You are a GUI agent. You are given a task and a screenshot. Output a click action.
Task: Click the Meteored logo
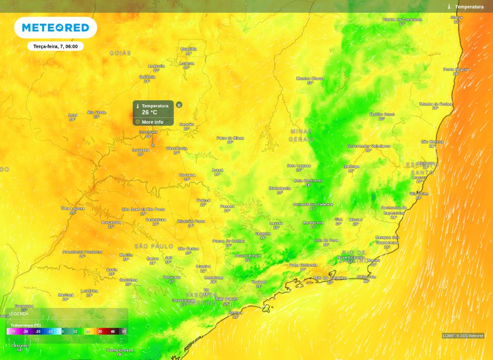click(55, 28)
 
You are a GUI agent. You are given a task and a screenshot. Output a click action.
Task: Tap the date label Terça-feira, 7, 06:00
click(55, 46)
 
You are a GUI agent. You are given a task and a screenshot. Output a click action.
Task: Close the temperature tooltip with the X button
click(179, 105)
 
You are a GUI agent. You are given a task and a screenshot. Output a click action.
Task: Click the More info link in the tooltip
click(152, 122)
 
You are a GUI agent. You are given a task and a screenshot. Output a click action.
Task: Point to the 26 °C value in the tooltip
click(149, 113)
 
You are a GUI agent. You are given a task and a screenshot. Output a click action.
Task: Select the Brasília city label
click(189, 49)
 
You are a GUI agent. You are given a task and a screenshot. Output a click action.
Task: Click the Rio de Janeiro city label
click(330, 278)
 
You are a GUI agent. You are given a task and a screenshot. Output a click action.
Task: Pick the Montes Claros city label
click(310, 78)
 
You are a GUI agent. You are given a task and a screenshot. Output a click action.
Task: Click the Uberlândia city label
click(177, 148)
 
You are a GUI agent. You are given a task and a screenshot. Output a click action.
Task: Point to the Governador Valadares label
click(368, 146)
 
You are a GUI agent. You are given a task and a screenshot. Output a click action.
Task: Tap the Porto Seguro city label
click(455, 69)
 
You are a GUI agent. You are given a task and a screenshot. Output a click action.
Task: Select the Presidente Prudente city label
click(82, 252)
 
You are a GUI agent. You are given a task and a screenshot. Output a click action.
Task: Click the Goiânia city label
click(147, 77)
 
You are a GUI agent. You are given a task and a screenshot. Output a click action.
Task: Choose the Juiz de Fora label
click(326, 240)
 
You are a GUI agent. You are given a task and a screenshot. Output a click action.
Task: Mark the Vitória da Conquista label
click(402, 19)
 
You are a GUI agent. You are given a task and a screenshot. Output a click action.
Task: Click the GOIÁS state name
click(120, 53)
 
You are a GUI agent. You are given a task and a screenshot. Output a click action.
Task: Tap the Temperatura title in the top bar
click(469, 7)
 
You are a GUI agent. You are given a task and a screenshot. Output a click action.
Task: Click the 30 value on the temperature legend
click(100, 332)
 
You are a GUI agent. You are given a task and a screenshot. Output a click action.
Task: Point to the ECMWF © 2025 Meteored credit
click(463, 336)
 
